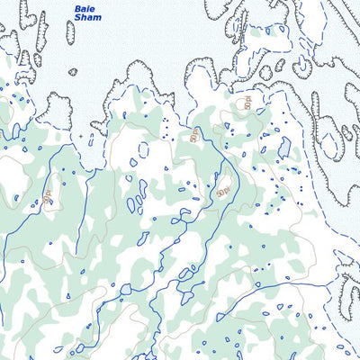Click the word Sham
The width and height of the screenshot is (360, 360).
coord(88,17)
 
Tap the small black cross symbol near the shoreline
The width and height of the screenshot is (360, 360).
coord(80,137)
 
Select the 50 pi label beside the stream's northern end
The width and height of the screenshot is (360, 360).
coord(195,137)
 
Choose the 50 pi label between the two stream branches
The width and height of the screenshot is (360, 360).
coord(223,190)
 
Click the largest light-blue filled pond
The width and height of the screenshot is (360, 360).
coord(284,146)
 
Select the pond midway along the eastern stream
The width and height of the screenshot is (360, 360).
coord(279,307)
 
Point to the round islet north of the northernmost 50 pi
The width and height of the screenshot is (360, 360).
coord(265,73)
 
